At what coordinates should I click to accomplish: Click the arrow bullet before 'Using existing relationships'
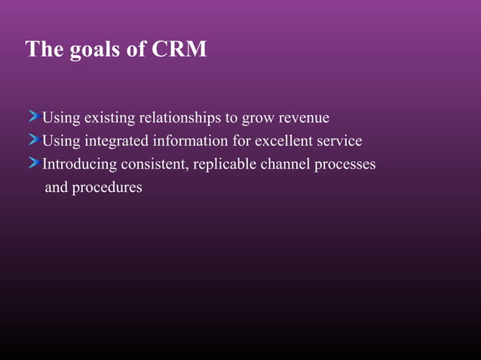[x=34, y=117]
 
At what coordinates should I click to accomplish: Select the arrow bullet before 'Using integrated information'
[x=34, y=140]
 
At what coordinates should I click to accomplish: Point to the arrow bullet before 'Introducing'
[x=34, y=163]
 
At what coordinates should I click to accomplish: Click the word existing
[x=109, y=118]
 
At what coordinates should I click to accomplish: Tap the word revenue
[x=302, y=118]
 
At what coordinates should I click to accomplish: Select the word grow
[x=256, y=119]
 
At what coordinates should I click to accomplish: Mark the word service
[x=339, y=141]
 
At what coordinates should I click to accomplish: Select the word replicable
[x=225, y=164]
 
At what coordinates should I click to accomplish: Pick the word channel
[x=285, y=164]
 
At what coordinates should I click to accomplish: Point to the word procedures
[x=106, y=188]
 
